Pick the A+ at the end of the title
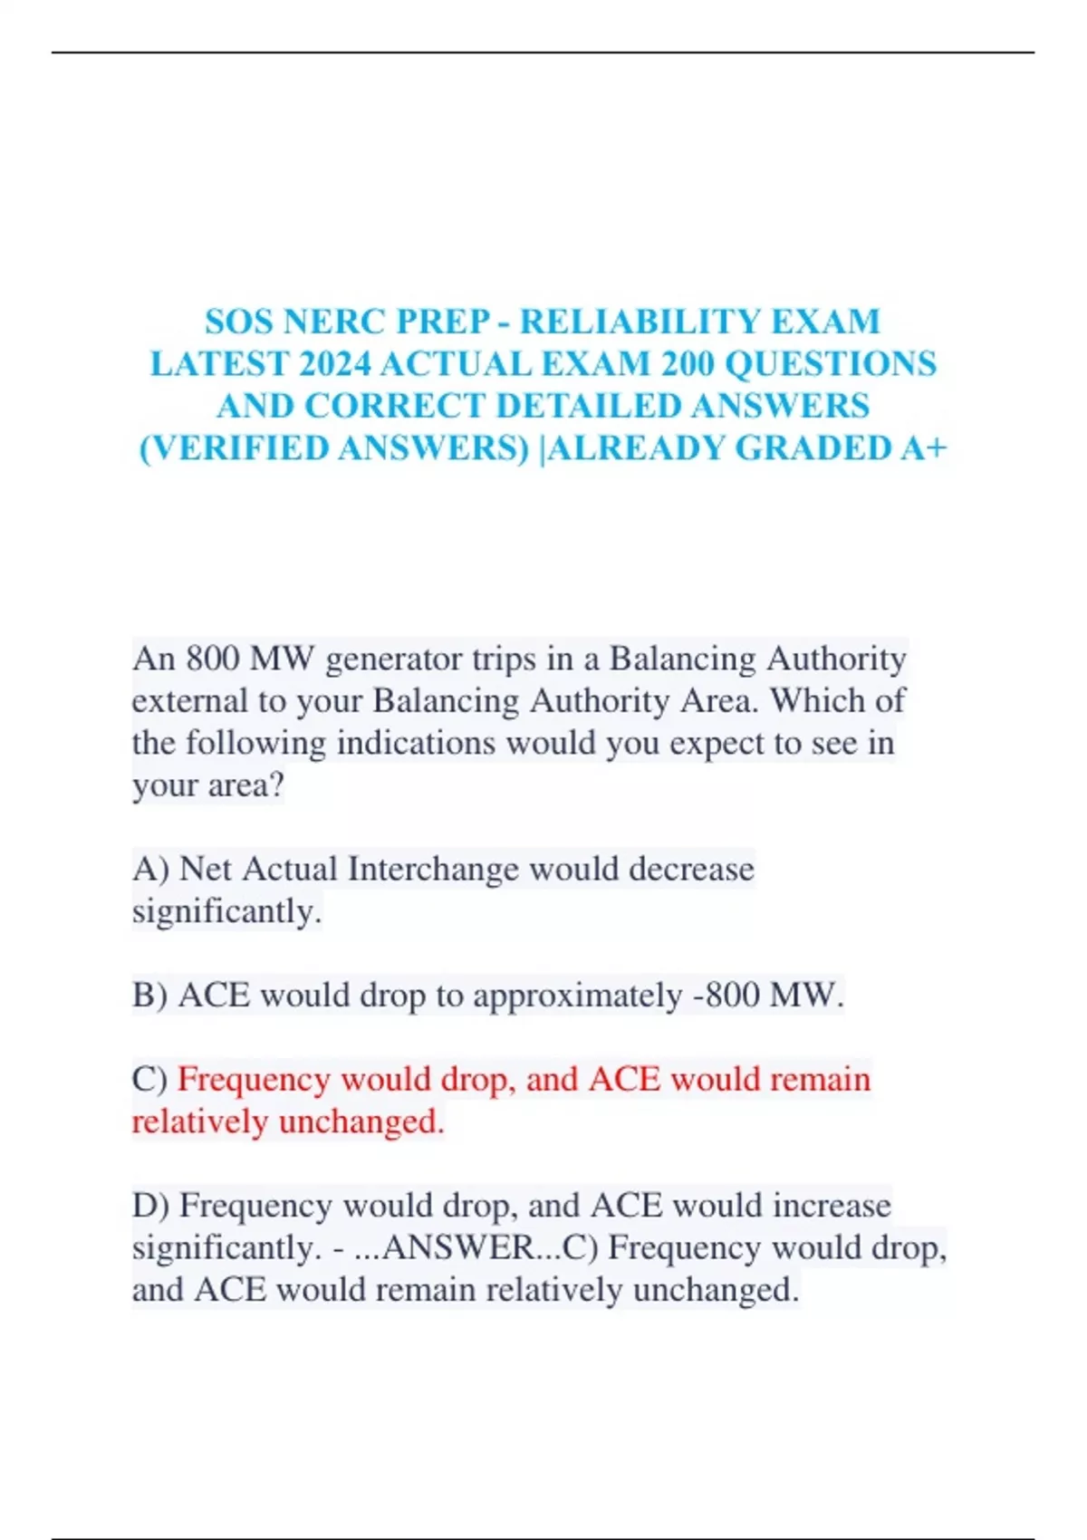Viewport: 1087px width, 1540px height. click(923, 448)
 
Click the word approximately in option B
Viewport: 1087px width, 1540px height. click(577, 996)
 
